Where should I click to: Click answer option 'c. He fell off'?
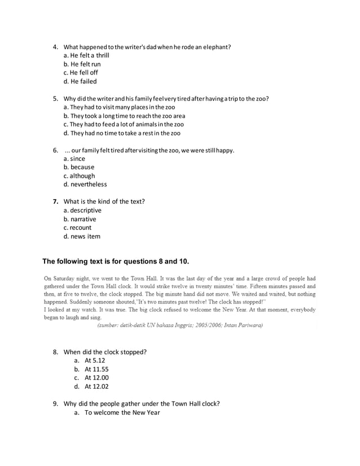coord(81,73)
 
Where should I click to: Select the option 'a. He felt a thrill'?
coord(86,55)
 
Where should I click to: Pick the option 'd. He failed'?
coord(80,81)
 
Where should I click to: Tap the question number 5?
coord(55,99)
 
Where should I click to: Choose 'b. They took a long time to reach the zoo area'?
coord(124,116)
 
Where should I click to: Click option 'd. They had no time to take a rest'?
coord(122,133)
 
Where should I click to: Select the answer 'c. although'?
coord(79,175)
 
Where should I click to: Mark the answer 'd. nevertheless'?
coord(85,184)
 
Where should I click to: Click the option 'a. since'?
coord(74,159)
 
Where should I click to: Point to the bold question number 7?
coord(55,201)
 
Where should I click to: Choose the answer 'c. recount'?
coord(77,227)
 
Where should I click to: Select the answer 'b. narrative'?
coord(80,219)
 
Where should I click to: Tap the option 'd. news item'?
coord(82,236)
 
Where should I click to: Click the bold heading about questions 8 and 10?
coord(116,261)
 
